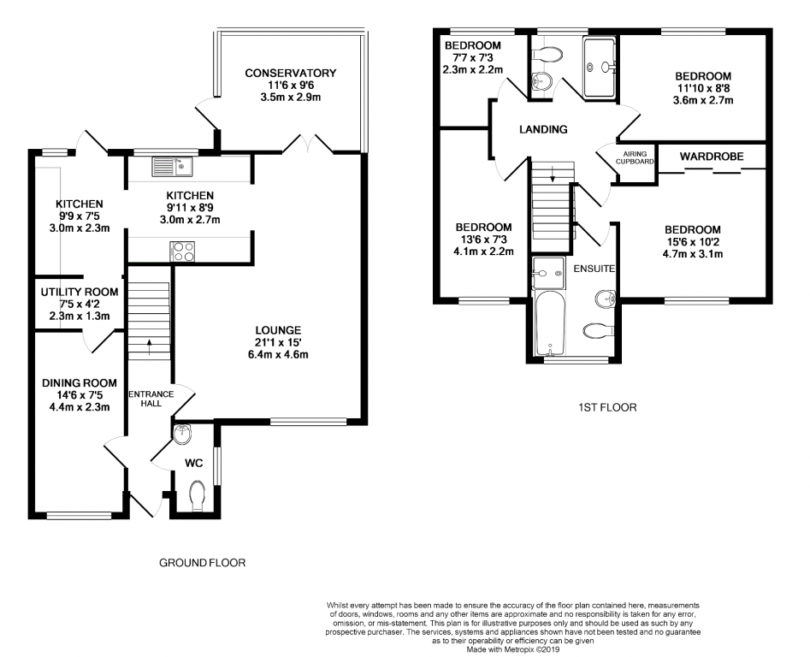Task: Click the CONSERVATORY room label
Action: [x=290, y=74]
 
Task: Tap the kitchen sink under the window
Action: [x=172, y=166]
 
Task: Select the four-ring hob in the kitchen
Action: [x=182, y=251]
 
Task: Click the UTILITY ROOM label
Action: [x=80, y=293]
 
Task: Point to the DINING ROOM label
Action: [x=79, y=383]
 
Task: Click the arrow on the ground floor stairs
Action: [x=150, y=347]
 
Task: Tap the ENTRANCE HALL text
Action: [x=151, y=399]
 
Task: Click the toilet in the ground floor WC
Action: [x=198, y=494]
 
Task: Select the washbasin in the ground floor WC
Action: [x=182, y=435]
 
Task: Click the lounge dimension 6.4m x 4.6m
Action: [x=278, y=355]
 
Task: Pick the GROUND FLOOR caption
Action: [x=202, y=563]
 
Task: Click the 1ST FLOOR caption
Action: [x=607, y=407]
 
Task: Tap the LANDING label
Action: [x=543, y=130]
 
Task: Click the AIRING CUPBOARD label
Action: [x=635, y=157]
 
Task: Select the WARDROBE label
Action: [x=712, y=157]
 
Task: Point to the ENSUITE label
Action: [x=594, y=269]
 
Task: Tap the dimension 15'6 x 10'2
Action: [x=692, y=242]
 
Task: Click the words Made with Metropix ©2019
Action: [x=513, y=649]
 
